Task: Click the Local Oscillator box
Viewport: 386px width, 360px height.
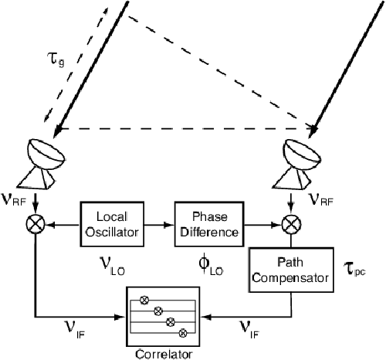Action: tap(112, 224)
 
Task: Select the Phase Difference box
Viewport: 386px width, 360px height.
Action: tap(209, 224)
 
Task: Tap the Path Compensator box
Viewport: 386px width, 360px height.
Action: tap(291, 270)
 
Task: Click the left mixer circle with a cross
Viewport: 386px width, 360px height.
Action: tap(36, 224)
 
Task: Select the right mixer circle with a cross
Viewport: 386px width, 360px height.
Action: tap(291, 224)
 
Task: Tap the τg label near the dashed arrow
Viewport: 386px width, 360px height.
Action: tap(56, 59)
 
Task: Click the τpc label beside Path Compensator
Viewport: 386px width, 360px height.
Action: tap(354, 270)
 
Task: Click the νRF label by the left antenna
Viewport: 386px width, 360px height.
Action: tap(13, 199)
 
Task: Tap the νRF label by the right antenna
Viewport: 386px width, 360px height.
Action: tap(320, 199)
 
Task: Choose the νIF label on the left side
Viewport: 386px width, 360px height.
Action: tap(75, 330)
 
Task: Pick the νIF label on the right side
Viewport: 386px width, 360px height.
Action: tap(249, 330)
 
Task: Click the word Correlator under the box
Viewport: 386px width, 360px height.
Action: tap(164, 354)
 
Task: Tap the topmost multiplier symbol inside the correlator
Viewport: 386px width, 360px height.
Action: tap(144, 300)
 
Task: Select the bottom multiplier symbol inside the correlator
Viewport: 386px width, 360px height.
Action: tap(183, 333)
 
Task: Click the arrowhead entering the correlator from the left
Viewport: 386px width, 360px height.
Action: tap(120, 317)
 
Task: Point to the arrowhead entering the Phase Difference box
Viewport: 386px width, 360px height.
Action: tap(169, 225)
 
